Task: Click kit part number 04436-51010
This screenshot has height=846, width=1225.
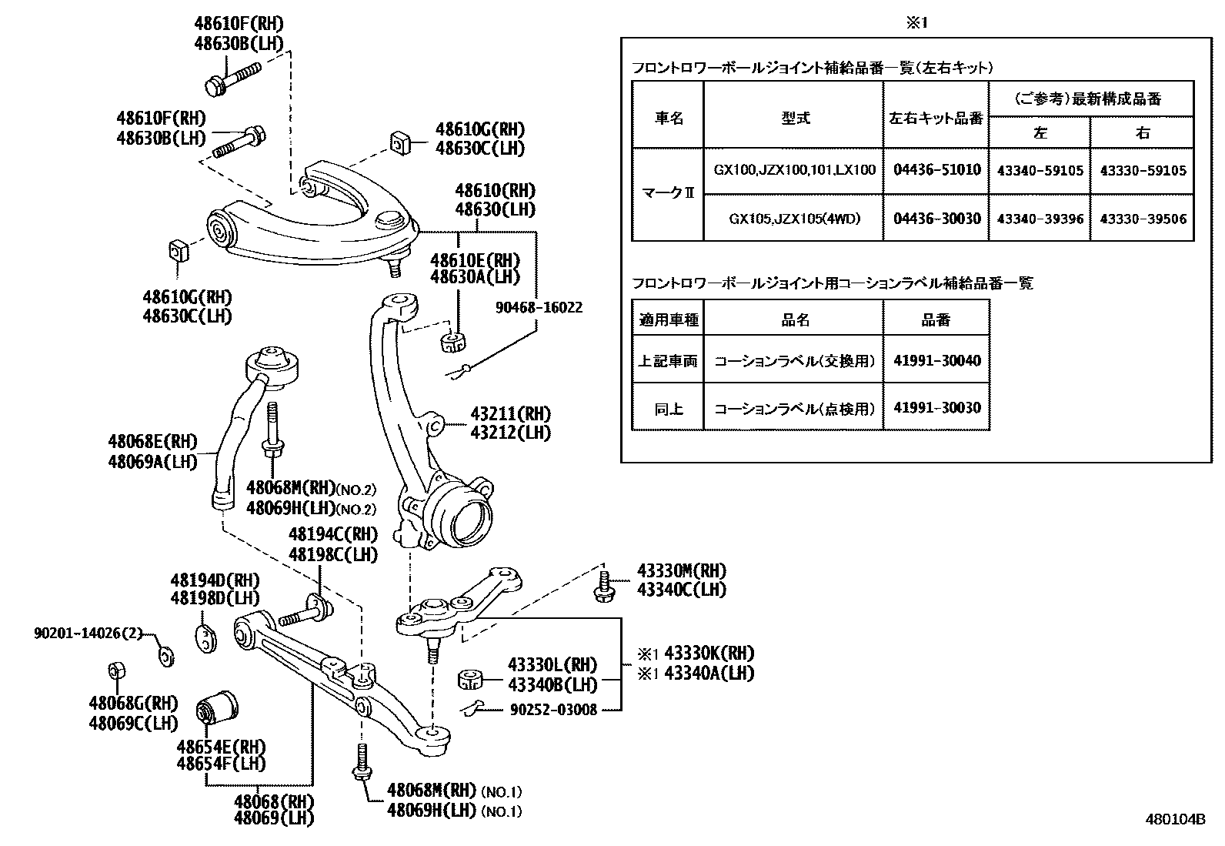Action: [x=936, y=170]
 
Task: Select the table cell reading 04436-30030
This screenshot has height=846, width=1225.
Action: [x=936, y=219]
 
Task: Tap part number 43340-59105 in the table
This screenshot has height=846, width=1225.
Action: [x=1040, y=170]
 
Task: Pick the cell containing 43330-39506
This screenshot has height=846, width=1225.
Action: [x=1143, y=219]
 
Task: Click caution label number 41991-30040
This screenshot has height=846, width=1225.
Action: [x=936, y=360]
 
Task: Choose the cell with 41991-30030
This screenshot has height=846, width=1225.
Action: [x=936, y=407]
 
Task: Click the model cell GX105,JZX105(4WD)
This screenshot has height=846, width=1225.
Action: [x=794, y=219]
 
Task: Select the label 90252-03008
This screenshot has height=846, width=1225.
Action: [x=553, y=710]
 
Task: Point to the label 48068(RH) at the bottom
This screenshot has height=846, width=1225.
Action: [x=274, y=800]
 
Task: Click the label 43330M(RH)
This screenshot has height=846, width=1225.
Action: [x=681, y=571]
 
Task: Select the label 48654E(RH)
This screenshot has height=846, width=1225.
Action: [x=221, y=746]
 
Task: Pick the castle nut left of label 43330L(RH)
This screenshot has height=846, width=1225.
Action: [x=469, y=679]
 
